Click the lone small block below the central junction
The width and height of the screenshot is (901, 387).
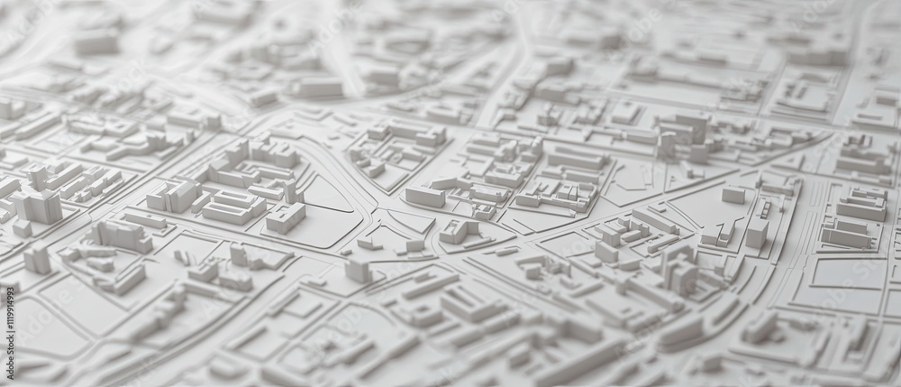358,270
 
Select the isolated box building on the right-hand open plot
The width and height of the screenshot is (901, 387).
733,194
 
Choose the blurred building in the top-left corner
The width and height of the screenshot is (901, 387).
95,41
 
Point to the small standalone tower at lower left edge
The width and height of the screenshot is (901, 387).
36,259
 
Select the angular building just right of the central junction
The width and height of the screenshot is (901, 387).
456,231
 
